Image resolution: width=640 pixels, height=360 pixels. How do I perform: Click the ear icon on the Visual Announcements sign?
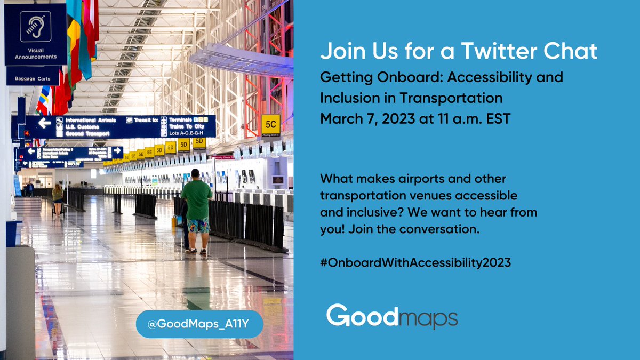[x=35, y=27]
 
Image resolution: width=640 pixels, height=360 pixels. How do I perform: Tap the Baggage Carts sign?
[x=33, y=79]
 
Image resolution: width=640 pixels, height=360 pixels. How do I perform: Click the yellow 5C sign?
[x=270, y=124]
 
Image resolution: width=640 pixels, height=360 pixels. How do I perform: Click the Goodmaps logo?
[x=392, y=316]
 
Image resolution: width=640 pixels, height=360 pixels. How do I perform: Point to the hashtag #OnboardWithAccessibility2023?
[x=415, y=262]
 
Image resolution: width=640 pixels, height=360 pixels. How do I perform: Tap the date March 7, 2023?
[x=368, y=118]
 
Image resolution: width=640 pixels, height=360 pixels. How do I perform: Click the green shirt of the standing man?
[x=197, y=199]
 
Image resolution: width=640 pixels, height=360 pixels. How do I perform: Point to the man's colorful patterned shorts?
[x=198, y=226]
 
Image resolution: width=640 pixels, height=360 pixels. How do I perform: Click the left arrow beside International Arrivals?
[x=44, y=123]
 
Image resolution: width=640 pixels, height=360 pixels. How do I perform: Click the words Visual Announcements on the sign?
[x=36, y=53]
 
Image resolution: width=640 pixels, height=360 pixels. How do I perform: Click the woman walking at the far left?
[x=57, y=199]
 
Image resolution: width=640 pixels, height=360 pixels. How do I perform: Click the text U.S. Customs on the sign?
[x=82, y=127]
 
